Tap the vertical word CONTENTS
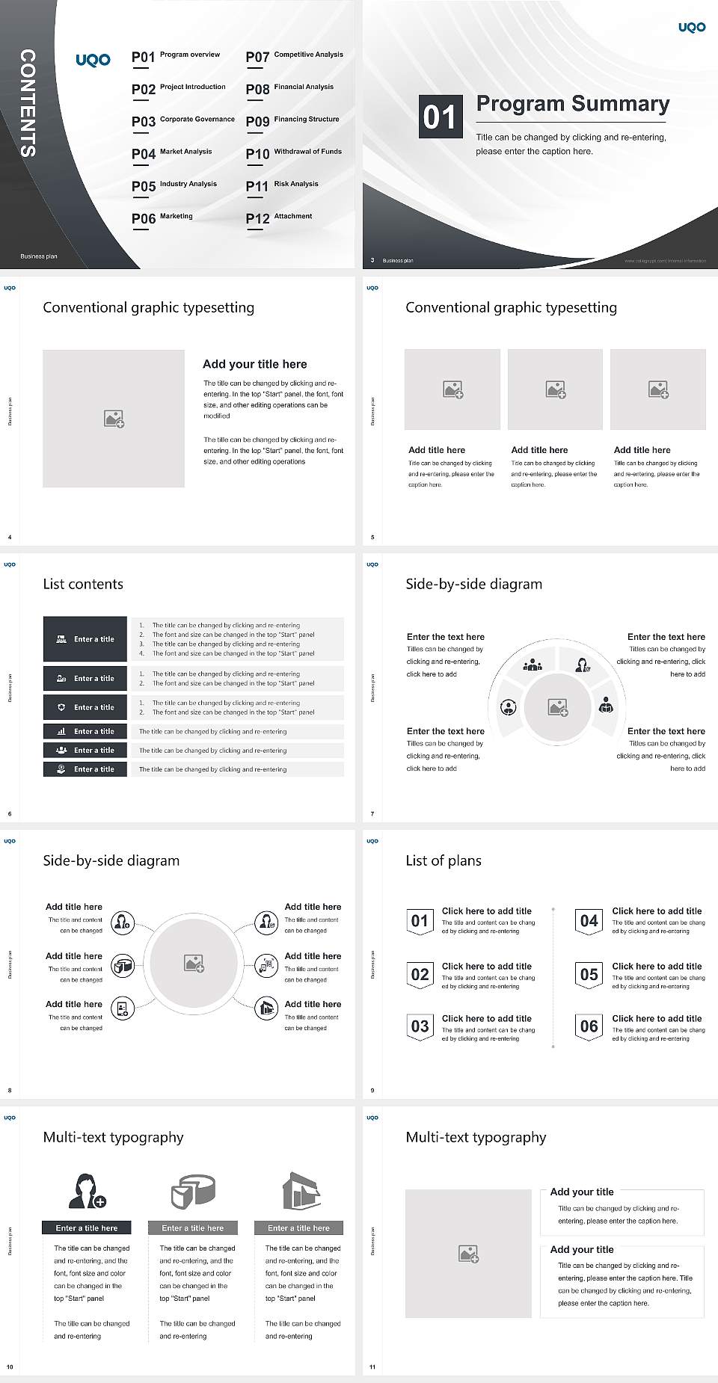tap(28, 103)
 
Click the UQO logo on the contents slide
tap(93, 60)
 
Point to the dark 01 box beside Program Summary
tap(440, 117)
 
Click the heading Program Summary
tap(572, 104)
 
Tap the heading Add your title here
tap(254, 364)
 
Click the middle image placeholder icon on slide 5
tap(555, 389)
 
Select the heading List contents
tap(83, 584)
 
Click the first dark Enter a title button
tap(85, 639)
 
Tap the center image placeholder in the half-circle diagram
tap(558, 707)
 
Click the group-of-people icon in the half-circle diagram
tap(533, 664)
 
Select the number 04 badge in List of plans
tap(589, 921)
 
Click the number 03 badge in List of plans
tap(420, 1026)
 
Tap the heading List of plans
tap(444, 860)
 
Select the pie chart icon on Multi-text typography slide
tap(193, 1191)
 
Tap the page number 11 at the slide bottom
tap(372, 1367)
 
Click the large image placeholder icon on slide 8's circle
tap(194, 964)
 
